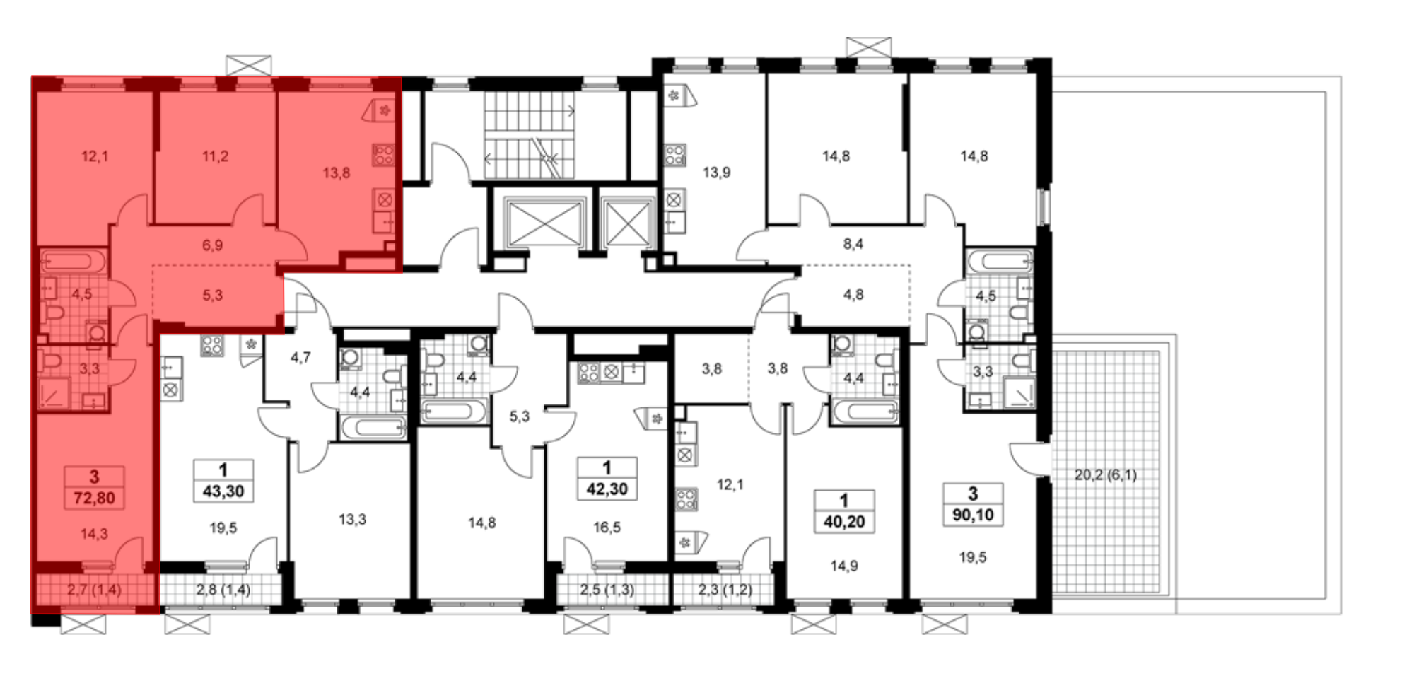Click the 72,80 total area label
coord(94,498)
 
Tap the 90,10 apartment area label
coord(973,515)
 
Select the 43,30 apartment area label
coord(223,491)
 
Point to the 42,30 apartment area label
coord(607,489)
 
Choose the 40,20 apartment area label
coord(844,521)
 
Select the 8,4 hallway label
coord(853,244)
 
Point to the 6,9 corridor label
coord(212,245)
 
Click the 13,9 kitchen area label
coord(716,173)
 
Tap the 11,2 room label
coord(215,156)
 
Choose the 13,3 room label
coord(352,520)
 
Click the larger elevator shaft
coord(544,221)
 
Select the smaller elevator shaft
coord(628,221)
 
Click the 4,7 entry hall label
coord(300,358)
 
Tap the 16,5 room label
coord(607,528)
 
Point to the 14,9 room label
coord(844,566)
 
